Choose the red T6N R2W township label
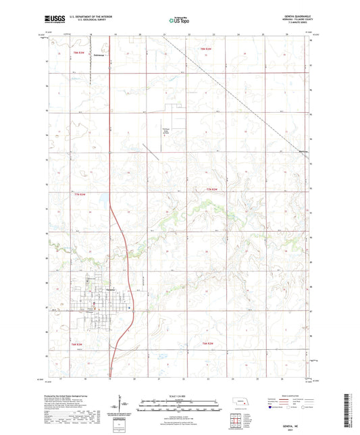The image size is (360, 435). pyautogui.click(x=208, y=344)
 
